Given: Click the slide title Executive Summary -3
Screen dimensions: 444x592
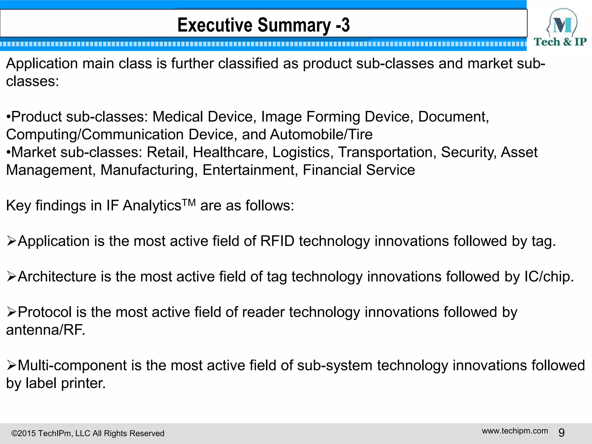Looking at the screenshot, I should point(263,25).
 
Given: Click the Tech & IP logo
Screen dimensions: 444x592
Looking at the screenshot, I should point(560,28).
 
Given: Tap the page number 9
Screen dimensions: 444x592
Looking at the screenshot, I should point(561,433).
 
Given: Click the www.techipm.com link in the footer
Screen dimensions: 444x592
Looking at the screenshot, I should point(515,431).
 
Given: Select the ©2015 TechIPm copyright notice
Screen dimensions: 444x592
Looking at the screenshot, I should point(88,433).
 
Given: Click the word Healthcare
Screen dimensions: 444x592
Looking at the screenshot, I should point(230,152).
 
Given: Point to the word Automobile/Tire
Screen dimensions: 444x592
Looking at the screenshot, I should point(321,135).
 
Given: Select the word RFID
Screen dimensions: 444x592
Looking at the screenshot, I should point(277,241).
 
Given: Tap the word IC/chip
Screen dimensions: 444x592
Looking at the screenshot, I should point(549,277).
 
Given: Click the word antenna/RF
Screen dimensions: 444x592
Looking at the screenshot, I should point(45,330).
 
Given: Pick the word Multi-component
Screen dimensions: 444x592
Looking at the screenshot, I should point(72,365).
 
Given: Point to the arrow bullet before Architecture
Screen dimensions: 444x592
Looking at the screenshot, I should point(11,277).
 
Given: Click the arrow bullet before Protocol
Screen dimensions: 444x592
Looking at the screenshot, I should point(11,312).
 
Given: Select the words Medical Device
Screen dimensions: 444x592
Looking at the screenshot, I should point(203,117).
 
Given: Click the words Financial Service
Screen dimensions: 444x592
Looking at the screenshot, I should point(358,170).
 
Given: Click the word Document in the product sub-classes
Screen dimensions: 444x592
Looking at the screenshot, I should point(453,117).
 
